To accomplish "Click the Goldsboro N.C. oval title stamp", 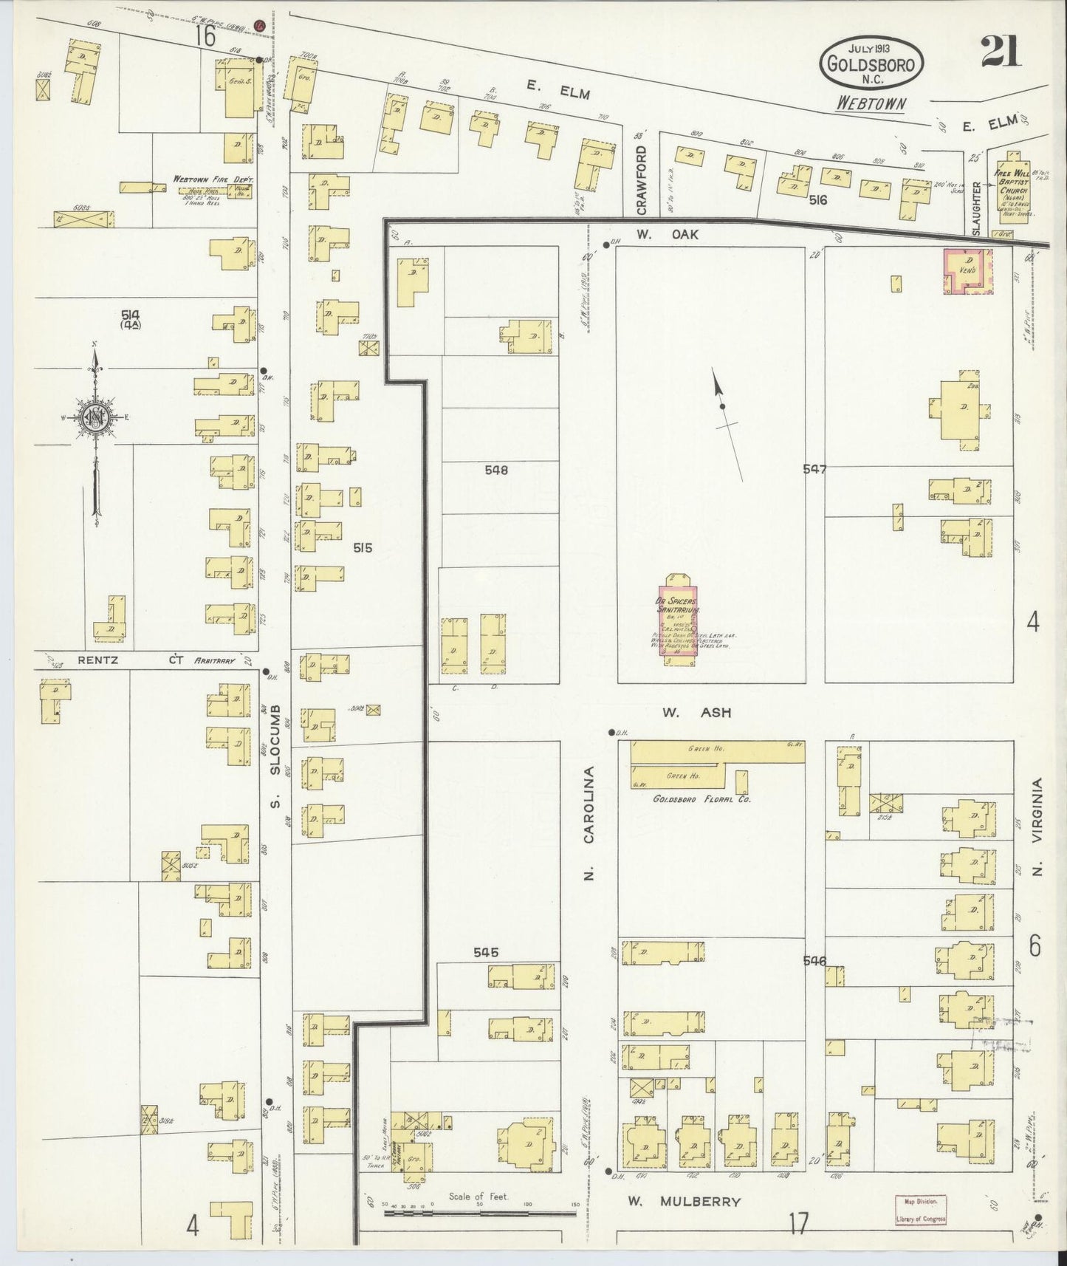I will (x=871, y=64).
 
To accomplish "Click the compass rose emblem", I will (x=96, y=418).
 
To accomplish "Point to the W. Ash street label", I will (x=696, y=713).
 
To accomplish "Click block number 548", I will (x=496, y=470).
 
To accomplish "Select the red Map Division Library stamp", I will (x=920, y=1210).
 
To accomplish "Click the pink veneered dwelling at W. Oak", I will (x=967, y=271).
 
